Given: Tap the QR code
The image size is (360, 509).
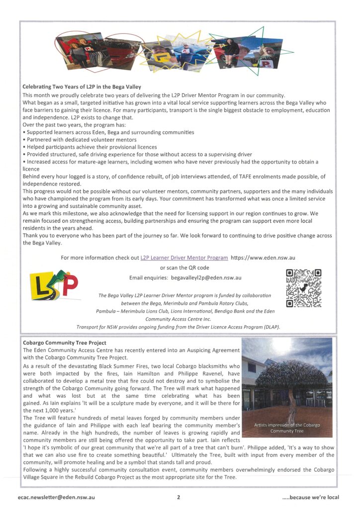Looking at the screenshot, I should [x=304, y=288].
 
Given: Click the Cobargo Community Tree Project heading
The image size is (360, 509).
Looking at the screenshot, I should [x=64, y=343].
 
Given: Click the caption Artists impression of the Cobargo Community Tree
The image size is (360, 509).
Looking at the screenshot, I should [x=287, y=428].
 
